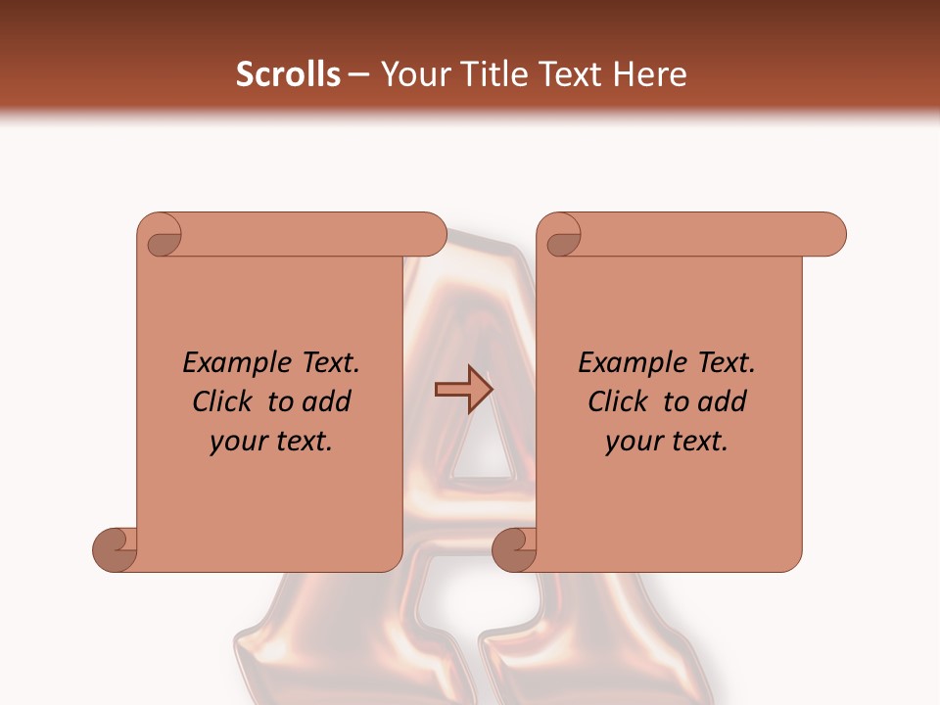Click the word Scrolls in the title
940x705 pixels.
pyautogui.click(x=288, y=74)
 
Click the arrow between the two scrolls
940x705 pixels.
pyautogui.click(x=463, y=390)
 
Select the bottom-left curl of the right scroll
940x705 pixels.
pyautogui.click(x=515, y=549)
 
